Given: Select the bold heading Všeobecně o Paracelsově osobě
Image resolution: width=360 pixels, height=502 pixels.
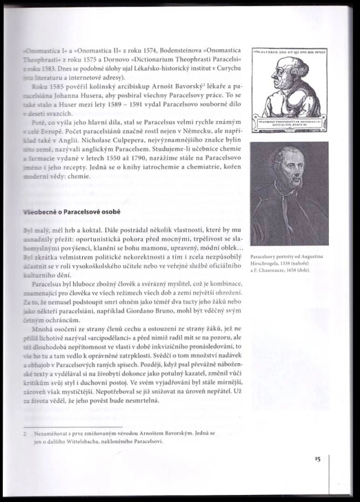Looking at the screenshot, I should point(71,211).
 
